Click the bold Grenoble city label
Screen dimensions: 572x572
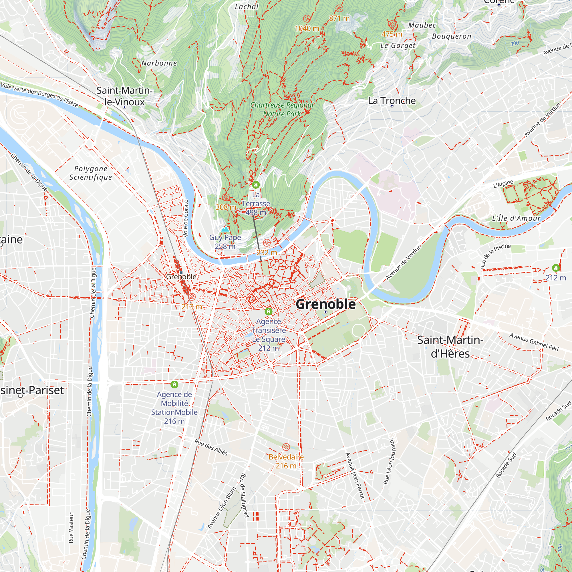[326, 304]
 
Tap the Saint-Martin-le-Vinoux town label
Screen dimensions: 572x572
[124, 96]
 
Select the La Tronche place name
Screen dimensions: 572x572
[392, 101]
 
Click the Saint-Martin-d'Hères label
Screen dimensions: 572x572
[450, 347]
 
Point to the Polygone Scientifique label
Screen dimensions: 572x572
[91, 173]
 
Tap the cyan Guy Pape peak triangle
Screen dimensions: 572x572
[225, 229]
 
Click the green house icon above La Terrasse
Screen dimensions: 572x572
[256, 185]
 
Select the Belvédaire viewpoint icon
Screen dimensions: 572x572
[286, 447]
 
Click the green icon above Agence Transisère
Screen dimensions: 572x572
[269, 311]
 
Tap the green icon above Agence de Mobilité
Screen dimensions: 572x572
[174, 385]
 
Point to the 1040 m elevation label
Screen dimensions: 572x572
[307, 28]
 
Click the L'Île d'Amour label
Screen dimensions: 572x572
[516, 219]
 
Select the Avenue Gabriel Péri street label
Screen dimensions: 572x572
[533, 342]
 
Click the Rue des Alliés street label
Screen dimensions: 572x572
[211, 447]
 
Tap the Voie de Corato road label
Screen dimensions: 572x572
[186, 218]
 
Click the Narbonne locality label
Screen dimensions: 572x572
[159, 63]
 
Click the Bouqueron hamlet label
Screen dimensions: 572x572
[452, 36]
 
